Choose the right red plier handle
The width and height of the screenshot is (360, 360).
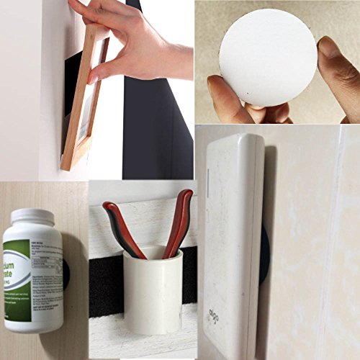click(x=179, y=220)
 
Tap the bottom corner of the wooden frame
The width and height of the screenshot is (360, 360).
click(x=66, y=167)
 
